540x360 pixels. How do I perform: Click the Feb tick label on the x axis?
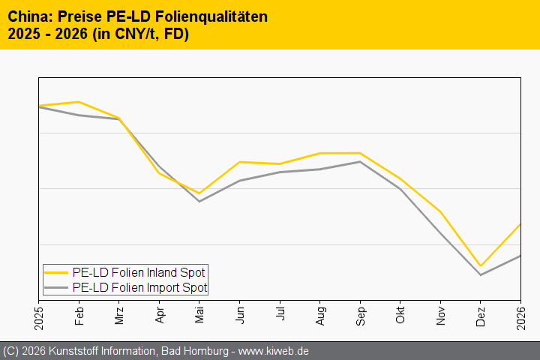[x=79, y=314]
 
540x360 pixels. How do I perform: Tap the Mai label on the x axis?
[x=199, y=314]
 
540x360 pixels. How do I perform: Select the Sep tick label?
[x=361, y=314]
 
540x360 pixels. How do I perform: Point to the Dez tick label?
[x=481, y=314]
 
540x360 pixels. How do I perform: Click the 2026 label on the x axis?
[x=521, y=316]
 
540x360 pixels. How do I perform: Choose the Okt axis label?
[x=400, y=314]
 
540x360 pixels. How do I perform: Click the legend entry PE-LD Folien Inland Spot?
[x=139, y=272]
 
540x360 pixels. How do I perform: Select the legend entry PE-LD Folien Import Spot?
[x=139, y=287]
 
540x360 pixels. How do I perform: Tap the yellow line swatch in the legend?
[x=57, y=272]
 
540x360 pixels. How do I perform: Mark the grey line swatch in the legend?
[x=57, y=287]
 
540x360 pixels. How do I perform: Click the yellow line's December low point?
[x=481, y=265]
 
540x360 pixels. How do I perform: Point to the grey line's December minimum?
[x=481, y=275]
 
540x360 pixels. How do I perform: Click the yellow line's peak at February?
[x=79, y=102]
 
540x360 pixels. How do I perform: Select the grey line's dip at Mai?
[x=199, y=201]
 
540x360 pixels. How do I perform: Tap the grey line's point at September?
[x=361, y=162]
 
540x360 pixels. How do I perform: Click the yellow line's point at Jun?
[x=239, y=162]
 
